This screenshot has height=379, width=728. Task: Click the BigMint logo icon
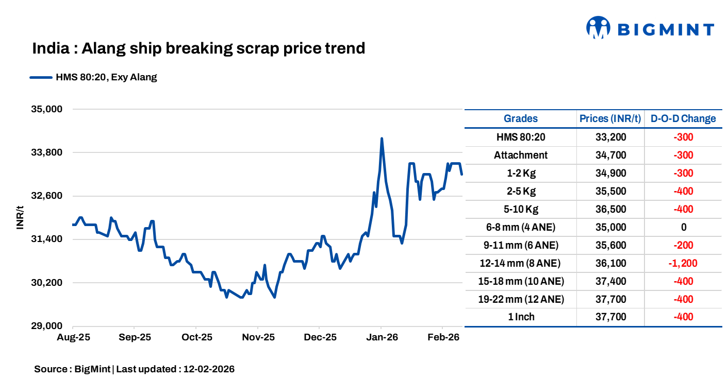(x=598, y=28)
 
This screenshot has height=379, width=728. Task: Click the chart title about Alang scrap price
(x=198, y=48)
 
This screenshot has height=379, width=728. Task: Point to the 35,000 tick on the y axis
(x=47, y=109)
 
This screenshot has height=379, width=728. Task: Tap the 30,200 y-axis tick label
(x=47, y=283)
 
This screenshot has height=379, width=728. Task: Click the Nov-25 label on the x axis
(x=258, y=338)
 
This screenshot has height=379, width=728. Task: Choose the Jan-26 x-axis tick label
(x=381, y=338)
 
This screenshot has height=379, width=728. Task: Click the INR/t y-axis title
(x=21, y=217)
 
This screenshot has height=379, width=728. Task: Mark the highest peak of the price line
(x=382, y=139)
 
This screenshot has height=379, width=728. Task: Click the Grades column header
(x=520, y=118)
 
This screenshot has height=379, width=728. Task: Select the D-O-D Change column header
(x=683, y=118)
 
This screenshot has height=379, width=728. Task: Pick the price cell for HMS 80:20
(x=610, y=137)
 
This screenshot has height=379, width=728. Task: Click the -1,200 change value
(x=683, y=263)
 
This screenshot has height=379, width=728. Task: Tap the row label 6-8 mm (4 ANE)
(x=520, y=227)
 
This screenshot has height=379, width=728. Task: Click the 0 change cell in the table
(x=683, y=227)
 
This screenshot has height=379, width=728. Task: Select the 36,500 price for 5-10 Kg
(x=610, y=209)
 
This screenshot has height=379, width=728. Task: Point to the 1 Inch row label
(x=520, y=317)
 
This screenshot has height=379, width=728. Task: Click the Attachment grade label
(x=520, y=155)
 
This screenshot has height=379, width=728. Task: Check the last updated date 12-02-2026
(x=209, y=369)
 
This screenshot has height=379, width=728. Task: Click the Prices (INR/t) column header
(x=610, y=118)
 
